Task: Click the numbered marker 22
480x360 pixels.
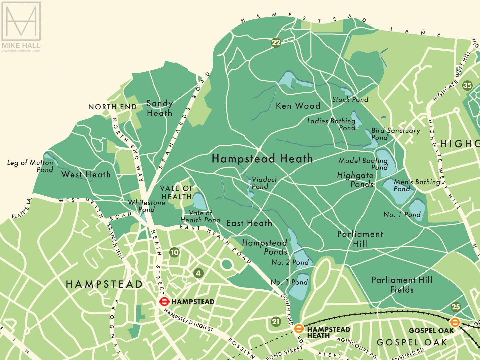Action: pyautogui.click(x=276, y=43)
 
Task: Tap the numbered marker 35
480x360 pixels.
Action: pyautogui.click(x=467, y=85)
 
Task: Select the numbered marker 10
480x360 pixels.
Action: pyautogui.click(x=174, y=252)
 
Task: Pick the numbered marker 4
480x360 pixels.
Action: pyautogui.click(x=198, y=273)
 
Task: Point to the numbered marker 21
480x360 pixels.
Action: pyautogui.click(x=276, y=322)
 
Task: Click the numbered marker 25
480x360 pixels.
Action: pyautogui.click(x=456, y=307)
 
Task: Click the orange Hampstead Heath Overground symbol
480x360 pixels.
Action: pyautogui.click(x=299, y=329)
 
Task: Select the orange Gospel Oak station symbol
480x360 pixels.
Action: pyautogui.click(x=455, y=322)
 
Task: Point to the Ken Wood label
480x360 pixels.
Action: pyautogui.click(x=298, y=106)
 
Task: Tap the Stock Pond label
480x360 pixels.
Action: pyautogui.click(x=350, y=99)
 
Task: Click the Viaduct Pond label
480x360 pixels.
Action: pyautogui.click(x=264, y=183)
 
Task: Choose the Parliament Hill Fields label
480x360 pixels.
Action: pyautogui.click(x=402, y=285)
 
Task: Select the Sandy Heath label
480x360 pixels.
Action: pyautogui.click(x=159, y=108)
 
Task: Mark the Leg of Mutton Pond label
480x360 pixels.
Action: pyautogui.click(x=30, y=166)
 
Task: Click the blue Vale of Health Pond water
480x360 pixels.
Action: pyautogui.click(x=200, y=201)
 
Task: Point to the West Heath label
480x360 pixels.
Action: pyautogui.click(x=86, y=174)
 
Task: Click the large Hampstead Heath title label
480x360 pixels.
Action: pyautogui.click(x=262, y=159)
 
